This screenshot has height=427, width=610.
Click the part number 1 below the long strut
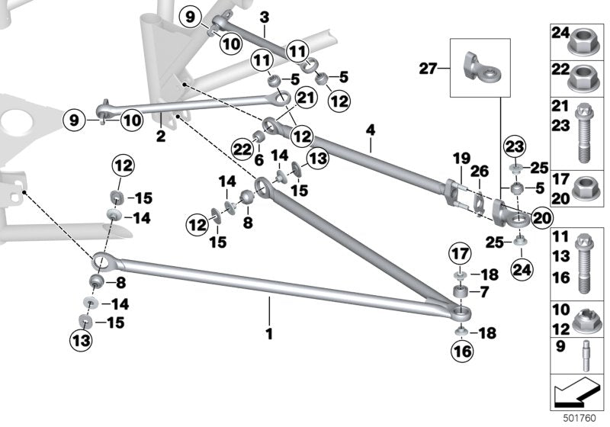(268, 333)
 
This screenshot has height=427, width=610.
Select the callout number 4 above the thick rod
(371, 130)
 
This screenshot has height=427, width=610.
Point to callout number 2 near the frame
(160, 136)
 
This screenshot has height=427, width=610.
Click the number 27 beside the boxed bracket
(429, 69)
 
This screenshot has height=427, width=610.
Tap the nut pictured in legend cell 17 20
(583, 188)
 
